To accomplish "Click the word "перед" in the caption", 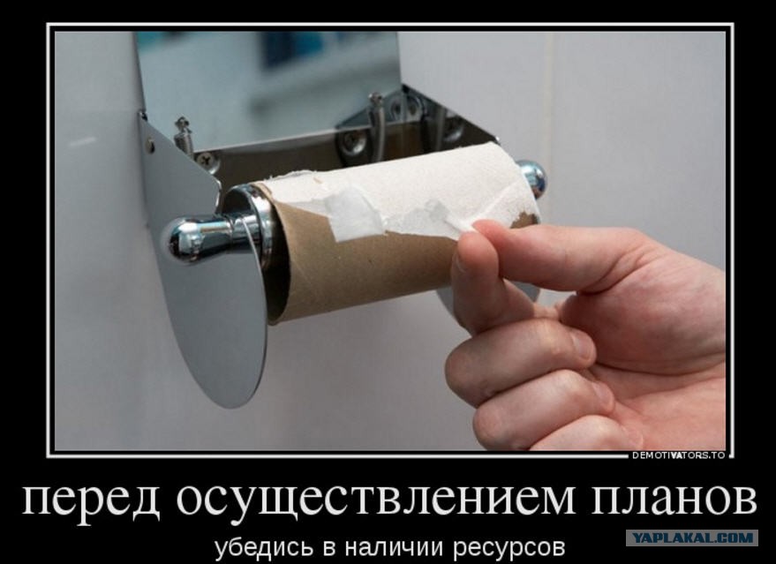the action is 91,499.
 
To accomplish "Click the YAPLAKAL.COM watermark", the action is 691,538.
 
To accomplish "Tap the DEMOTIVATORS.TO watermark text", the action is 679,455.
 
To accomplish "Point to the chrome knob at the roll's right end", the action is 532,177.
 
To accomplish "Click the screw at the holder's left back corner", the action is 185,133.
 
